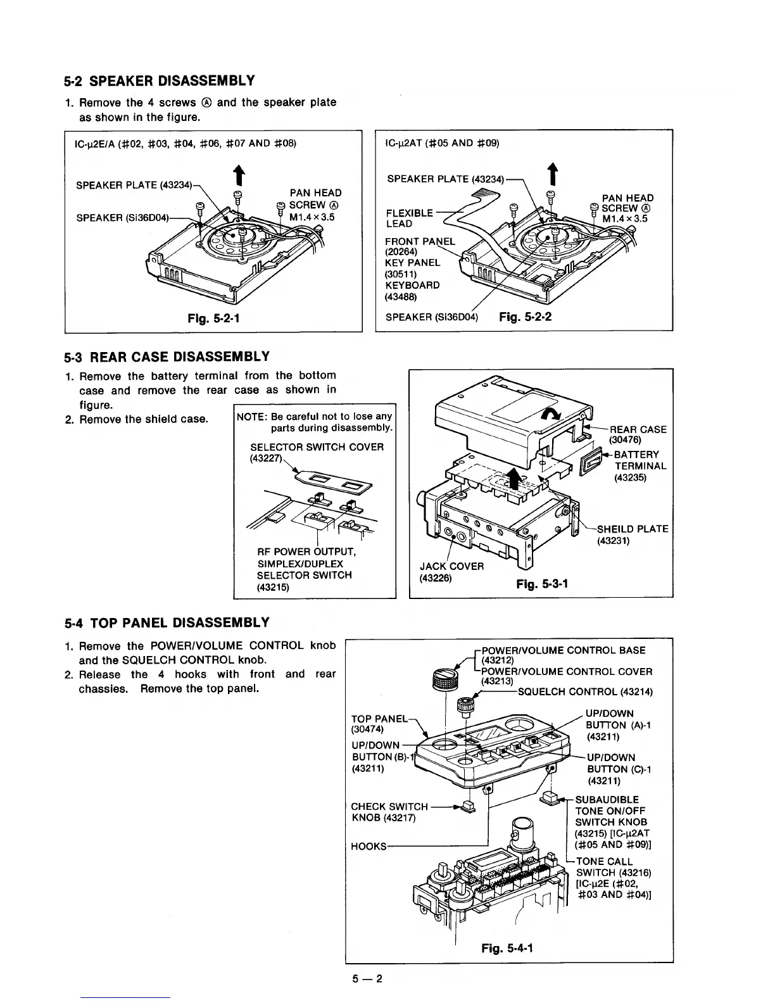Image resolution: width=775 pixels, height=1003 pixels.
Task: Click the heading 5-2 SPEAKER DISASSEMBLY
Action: tap(159, 81)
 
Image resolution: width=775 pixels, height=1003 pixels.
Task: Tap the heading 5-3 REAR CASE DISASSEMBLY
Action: tap(167, 356)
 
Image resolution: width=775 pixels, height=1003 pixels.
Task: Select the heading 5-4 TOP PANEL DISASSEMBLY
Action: tap(167, 622)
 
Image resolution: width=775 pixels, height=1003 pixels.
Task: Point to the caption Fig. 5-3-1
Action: tap(542, 583)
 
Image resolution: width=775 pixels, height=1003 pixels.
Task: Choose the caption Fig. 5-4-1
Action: tap(507, 948)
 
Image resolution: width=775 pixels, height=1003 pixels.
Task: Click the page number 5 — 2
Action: tap(368, 979)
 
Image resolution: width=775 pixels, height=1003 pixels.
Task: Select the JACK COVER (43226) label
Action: tap(451, 572)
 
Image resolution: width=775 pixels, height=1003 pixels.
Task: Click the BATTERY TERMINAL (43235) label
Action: tap(640, 466)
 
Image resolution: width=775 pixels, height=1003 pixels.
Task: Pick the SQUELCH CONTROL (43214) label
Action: tap(585, 691)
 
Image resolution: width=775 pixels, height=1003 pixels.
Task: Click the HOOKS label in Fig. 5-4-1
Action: tap(368, 847)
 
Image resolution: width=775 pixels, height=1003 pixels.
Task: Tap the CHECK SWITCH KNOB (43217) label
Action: tap(389, 812)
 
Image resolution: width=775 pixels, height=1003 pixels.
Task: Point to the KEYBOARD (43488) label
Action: tap(412, 290)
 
